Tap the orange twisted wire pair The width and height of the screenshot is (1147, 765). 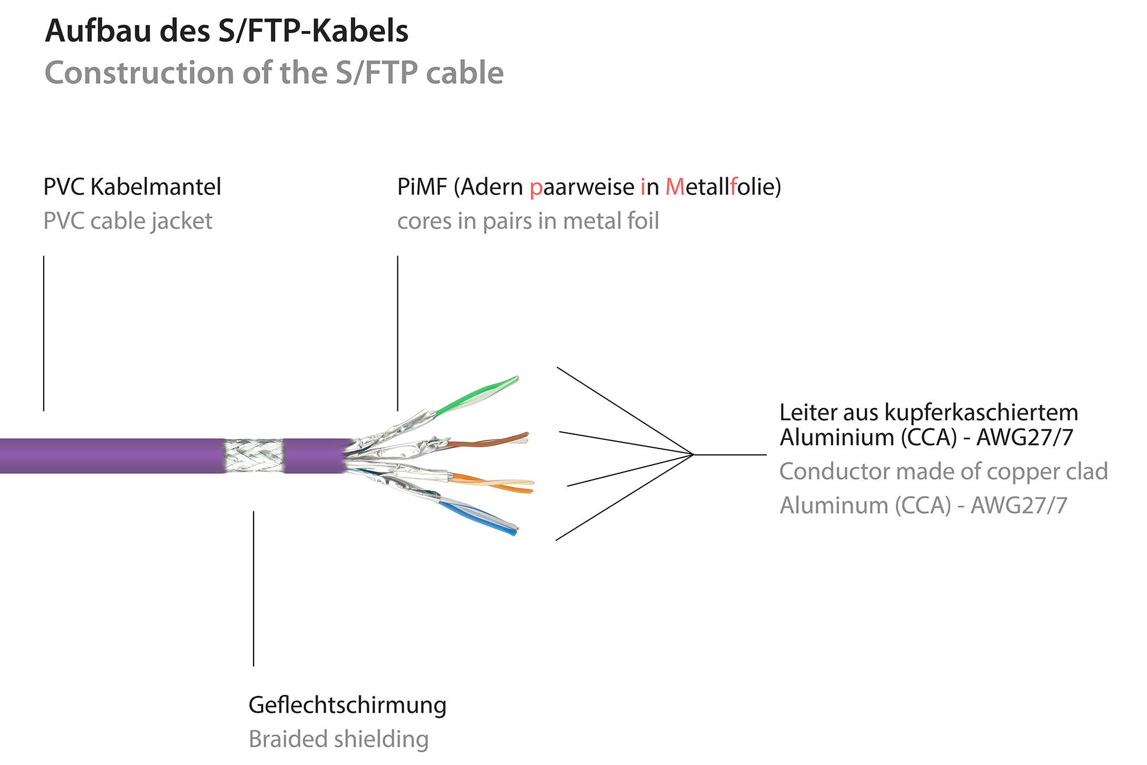pyautogui.click(x=493, y=483)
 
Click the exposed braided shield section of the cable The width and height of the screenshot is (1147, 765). pyautogui.click(x=253, y=455)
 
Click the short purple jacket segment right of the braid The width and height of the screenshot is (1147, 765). pyautogui.click(x=314, y=455)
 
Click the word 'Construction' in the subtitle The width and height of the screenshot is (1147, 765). pyautogui.click(x=139, y=73)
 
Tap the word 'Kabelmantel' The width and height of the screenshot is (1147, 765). pyautogui.click(x=155, y=188)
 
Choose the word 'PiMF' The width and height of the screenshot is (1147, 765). pyautogui.click(x=422, y=188)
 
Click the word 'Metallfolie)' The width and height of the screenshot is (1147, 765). pyautogui.click(x=723, y=188)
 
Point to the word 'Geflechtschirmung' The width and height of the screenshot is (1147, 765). pyautogui.click(x=347, y=705)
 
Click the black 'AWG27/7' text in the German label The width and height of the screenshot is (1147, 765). pyautogui.click(x=1024, y=438)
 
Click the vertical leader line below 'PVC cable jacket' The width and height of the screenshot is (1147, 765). pyautogui.click(x=44, y=333)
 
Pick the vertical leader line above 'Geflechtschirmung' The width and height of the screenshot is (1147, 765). pyautogui.click(x=253, y=588)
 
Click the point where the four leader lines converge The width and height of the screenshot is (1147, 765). pyautogui.click(x=693, y=455)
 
